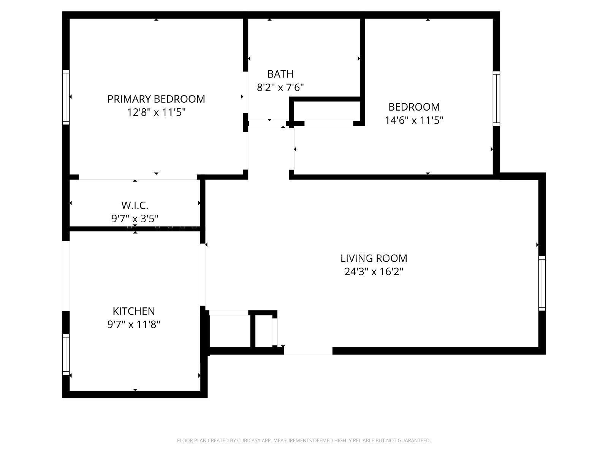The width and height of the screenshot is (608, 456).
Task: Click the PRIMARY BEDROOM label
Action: coord(156,99)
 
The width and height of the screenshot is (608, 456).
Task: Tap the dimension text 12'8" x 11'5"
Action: coord(156,112)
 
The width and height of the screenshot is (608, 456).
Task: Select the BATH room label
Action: coord(280,74)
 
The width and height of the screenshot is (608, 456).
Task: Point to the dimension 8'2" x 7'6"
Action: coord(280,88)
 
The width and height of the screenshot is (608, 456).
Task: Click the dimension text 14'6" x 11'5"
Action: coord(414,120)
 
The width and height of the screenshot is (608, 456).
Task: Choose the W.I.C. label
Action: coord(135,206)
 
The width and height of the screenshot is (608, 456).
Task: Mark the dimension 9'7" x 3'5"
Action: coord(135,218)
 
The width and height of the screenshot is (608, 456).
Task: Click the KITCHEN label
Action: coord(134,311)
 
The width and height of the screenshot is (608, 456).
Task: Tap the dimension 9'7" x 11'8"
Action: coord(134,325)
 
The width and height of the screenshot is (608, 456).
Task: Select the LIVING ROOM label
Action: coord(374,258)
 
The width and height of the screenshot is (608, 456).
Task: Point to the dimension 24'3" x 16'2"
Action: coord(374,272)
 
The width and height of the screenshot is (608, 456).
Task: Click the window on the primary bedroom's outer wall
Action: coord(66,97)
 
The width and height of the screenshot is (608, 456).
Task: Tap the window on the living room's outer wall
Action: coord(542,283)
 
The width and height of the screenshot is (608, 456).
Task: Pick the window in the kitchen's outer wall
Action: coord(66,354)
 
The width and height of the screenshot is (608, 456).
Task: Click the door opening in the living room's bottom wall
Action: coord(308,351)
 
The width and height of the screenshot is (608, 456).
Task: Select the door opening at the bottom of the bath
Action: coord(267,123)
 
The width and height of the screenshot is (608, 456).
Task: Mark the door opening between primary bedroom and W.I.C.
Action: coord(138,177)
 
